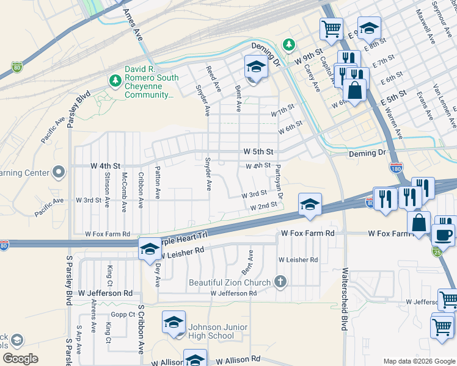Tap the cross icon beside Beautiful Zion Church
tap(280, 282)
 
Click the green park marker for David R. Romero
tap(114, 80)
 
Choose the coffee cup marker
tap(443, 234)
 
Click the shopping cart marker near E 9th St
tap(331, 27)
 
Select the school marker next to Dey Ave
tap(149, 249)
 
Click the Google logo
tap(20, 359)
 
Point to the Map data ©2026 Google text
tap(419, 361)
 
